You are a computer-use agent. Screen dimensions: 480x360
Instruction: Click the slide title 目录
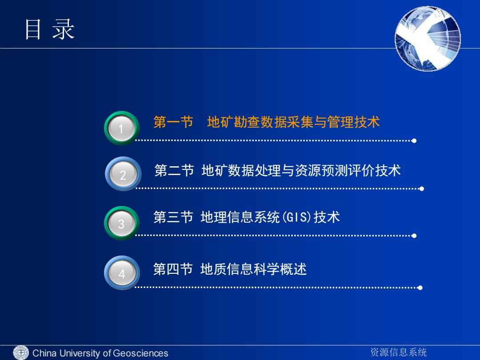coord(50,29)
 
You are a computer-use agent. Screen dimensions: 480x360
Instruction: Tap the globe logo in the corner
coord(428,39)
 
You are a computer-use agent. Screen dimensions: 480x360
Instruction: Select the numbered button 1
coord(122,128)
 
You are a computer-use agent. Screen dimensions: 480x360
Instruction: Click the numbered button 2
coord(123,174)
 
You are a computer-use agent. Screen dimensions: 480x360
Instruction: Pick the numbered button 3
coord(122,223)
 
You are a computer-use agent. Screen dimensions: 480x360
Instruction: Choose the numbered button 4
coord(122,273)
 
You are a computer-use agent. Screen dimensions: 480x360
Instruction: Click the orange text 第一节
coord(173,122)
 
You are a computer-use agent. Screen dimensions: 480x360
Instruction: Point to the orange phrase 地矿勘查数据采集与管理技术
coord(293,122)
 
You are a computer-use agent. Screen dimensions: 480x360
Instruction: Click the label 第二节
coord(174,170)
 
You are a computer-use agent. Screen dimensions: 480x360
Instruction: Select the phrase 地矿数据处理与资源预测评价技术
coord(301,170)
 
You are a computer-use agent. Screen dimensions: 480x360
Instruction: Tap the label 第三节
coord(173,217)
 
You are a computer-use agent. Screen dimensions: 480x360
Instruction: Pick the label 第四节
coord(173,269)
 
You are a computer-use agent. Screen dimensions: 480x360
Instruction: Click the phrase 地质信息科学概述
coord(253,269)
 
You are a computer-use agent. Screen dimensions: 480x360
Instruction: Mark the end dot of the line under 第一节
coord(414,141)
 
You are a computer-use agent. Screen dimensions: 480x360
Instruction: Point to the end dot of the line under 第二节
coord(421,189)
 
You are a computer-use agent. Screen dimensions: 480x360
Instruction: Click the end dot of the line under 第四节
coord(420,288)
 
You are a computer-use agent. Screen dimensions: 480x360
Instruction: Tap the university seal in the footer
coord(21,352)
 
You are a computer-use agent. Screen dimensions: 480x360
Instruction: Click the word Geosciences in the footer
coord(140,353)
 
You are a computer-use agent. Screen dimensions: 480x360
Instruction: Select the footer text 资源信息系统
coord(398,352)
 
